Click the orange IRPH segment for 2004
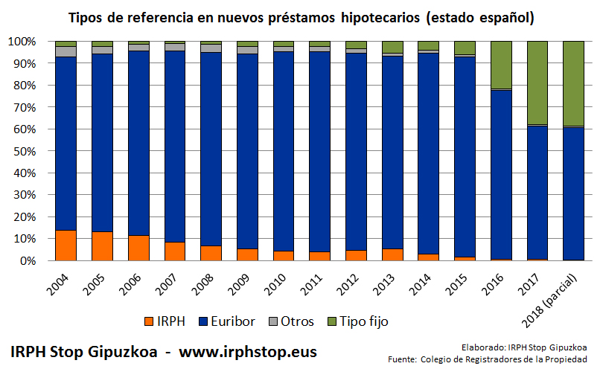click(x=66, y=246)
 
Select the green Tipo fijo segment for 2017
click(x=537, y=83)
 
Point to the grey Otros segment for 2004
click(x=66, y=51)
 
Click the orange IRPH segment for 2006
click(x=138, y=248)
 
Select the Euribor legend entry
click(x=228, y=321)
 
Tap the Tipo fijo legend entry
click(x=357, y=321)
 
